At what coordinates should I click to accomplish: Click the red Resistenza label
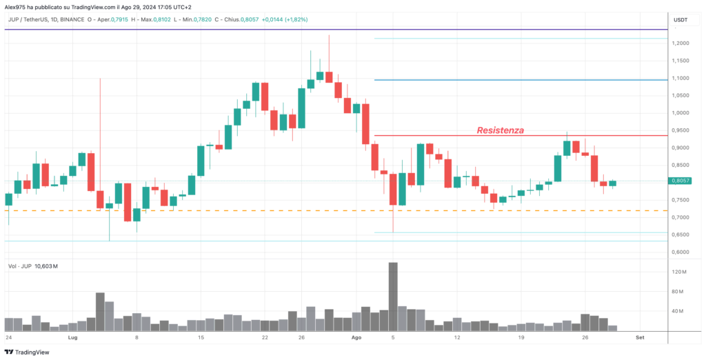point(501,130)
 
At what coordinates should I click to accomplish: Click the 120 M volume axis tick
point(679,272)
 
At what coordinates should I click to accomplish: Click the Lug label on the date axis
point(72,337)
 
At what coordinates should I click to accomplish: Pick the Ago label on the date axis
point(356,337)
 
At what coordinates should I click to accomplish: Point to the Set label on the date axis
point(639,337)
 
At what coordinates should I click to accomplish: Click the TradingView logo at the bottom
point(27,352)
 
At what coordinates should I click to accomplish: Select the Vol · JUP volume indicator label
point(19,266)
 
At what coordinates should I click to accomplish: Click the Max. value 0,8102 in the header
point(161,20)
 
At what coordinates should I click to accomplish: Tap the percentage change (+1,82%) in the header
point(294,20)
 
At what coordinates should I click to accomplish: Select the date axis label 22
point(265,337)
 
